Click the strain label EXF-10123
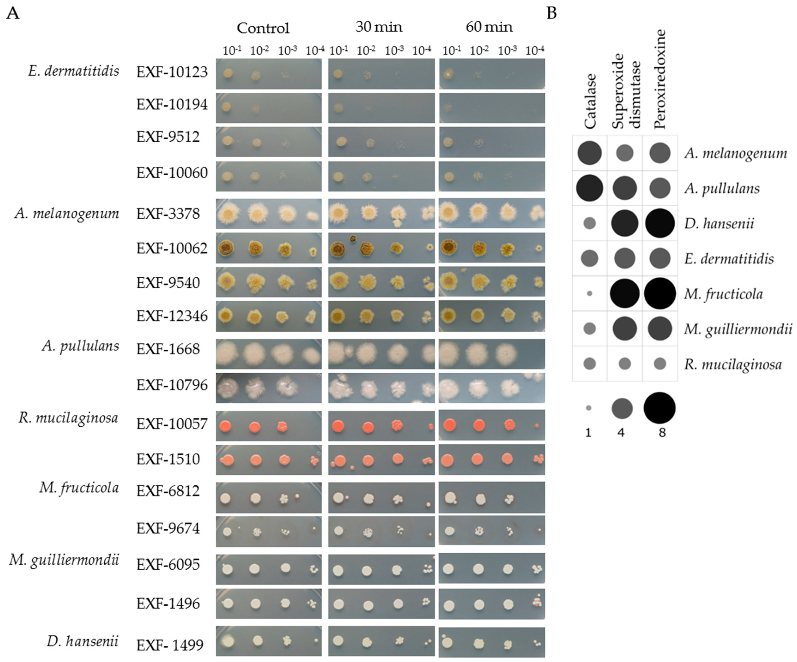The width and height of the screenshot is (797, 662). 172,72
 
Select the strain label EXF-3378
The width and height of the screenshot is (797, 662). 168,214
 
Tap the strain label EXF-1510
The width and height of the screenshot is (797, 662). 168,459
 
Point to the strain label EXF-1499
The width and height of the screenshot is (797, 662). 170,645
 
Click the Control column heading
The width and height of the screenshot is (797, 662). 263,28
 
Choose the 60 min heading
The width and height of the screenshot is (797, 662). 489,27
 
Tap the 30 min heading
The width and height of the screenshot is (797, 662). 379,27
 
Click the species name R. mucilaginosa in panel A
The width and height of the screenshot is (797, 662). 68,418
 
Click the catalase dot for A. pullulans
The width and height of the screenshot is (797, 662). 589,188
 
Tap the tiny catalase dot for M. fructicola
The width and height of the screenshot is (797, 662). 589,294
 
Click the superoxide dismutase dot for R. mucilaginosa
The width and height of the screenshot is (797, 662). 625,364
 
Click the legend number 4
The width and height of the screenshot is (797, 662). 621,432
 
